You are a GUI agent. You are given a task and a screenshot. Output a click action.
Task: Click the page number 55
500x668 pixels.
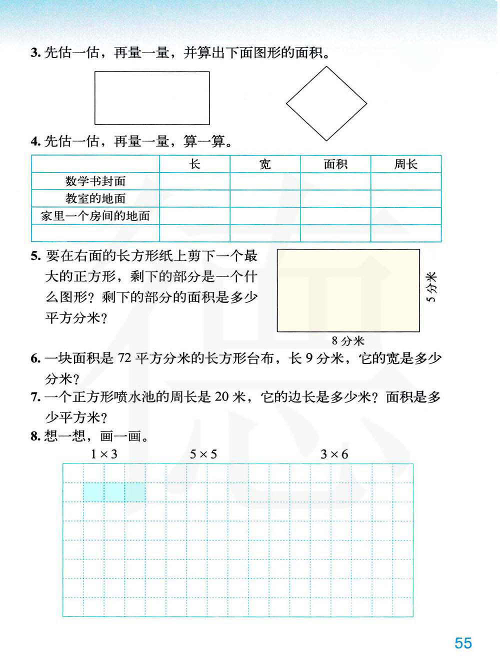463,642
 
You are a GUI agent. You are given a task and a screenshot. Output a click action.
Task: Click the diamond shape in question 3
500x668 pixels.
326,104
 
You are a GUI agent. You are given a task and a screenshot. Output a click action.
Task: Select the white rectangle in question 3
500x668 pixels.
152,98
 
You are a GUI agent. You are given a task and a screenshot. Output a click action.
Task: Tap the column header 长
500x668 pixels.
195,164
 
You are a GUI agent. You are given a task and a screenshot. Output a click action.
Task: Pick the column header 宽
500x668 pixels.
265,164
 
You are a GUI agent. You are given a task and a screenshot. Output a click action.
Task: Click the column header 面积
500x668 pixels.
335,164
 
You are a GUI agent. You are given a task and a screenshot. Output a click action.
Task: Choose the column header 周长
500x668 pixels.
405,164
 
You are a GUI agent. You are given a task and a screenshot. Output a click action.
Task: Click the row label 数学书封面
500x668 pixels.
95,181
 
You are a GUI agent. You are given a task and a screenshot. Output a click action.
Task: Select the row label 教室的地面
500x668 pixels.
95,198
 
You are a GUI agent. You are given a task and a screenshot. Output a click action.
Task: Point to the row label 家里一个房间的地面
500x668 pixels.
95,216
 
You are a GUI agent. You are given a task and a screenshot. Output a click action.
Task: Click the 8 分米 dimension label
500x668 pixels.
348,341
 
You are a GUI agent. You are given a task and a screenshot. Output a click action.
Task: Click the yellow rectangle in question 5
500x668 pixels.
348,290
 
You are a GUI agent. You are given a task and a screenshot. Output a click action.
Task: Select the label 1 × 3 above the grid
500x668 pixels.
104,454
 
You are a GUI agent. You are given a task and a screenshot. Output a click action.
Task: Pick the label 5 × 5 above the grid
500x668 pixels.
203,454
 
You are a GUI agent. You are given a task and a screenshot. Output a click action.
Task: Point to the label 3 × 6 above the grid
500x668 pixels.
334,454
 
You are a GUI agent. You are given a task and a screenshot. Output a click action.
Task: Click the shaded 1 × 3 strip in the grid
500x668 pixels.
114,492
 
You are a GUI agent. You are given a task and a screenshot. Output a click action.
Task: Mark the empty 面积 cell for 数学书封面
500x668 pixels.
335,181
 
